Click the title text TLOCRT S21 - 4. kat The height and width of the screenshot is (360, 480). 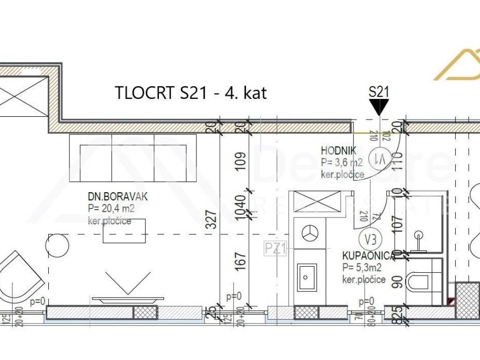(x=191, y=93)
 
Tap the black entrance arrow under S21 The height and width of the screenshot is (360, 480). (x=379, y=108)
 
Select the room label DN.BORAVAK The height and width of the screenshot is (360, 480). (x=114, y=196)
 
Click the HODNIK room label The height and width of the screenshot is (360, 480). (x=338, y=151)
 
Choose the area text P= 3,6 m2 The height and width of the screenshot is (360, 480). (x=342, y=163)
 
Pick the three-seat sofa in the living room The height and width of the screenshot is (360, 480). (x=133, y=158)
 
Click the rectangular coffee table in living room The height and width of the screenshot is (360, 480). (x=124, y=231)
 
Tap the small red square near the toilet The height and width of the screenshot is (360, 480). (x=451, y=302)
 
